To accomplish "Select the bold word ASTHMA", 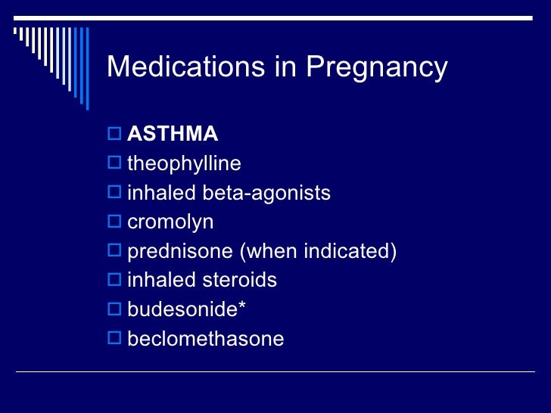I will (173, 135).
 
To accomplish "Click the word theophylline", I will (184, 164).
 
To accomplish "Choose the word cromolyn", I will (170, 222).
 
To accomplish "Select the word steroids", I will (240, 280).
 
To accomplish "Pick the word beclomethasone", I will (206, 338).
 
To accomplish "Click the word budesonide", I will (182, 309).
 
